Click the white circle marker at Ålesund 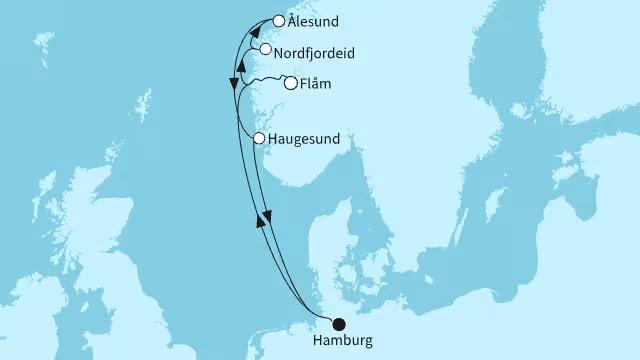coord(278,20)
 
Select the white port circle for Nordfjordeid coord(265,49)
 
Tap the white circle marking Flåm coord(290,84)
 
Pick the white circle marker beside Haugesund coord(259,139)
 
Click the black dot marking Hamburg coord(339,323)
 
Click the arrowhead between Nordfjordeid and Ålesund coord(254,30)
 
